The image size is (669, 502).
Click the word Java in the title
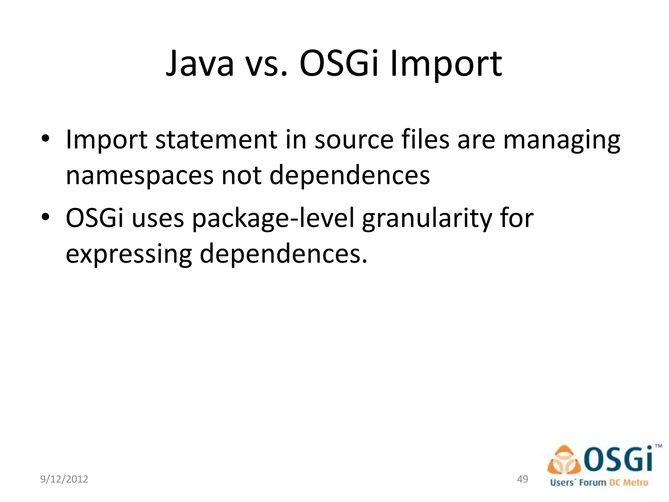(x=200, y=64)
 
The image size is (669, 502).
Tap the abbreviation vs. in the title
(x=266, y=64)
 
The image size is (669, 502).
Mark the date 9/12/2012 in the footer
(x=64, y=479)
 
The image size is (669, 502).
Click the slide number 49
(x=523, y=479)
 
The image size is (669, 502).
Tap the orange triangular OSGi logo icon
(x=564, y=461)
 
